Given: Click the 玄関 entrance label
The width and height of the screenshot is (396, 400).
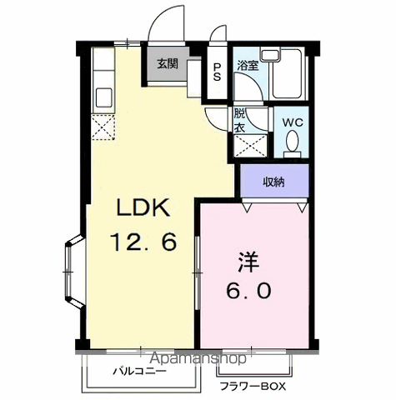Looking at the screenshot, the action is point(168,64).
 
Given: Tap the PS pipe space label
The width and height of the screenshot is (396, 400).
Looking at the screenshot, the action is point(217,72).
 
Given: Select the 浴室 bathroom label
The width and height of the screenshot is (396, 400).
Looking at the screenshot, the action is point(248,66).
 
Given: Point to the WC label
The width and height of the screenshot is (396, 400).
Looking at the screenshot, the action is point(293,122).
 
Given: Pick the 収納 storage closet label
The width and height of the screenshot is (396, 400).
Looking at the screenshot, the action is point(273,182).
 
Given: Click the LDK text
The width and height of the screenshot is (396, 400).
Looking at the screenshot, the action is point(143,207).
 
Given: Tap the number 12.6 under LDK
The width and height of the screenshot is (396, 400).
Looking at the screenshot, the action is point(143,242).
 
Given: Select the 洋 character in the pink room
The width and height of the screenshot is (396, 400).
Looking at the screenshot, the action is point(248,262).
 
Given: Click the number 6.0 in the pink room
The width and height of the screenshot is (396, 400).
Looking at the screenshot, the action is point(248,291).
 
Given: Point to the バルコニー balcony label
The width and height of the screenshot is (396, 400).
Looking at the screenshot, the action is point(139,371).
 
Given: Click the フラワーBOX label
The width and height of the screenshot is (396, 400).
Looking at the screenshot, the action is point(253,387).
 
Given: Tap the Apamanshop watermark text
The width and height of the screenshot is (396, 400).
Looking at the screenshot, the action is point(198,358).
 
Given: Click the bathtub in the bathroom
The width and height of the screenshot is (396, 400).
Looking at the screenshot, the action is point(287,74).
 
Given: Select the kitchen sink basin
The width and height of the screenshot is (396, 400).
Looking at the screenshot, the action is point(104,97).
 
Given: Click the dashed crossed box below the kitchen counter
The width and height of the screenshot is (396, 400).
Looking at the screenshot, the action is point(103,127).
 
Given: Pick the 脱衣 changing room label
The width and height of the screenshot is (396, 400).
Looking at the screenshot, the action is point(239,120).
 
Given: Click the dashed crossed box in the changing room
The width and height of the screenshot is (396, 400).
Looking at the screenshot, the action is point(250,146).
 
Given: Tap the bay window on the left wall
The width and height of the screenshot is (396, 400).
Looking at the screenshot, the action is point(74,272).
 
